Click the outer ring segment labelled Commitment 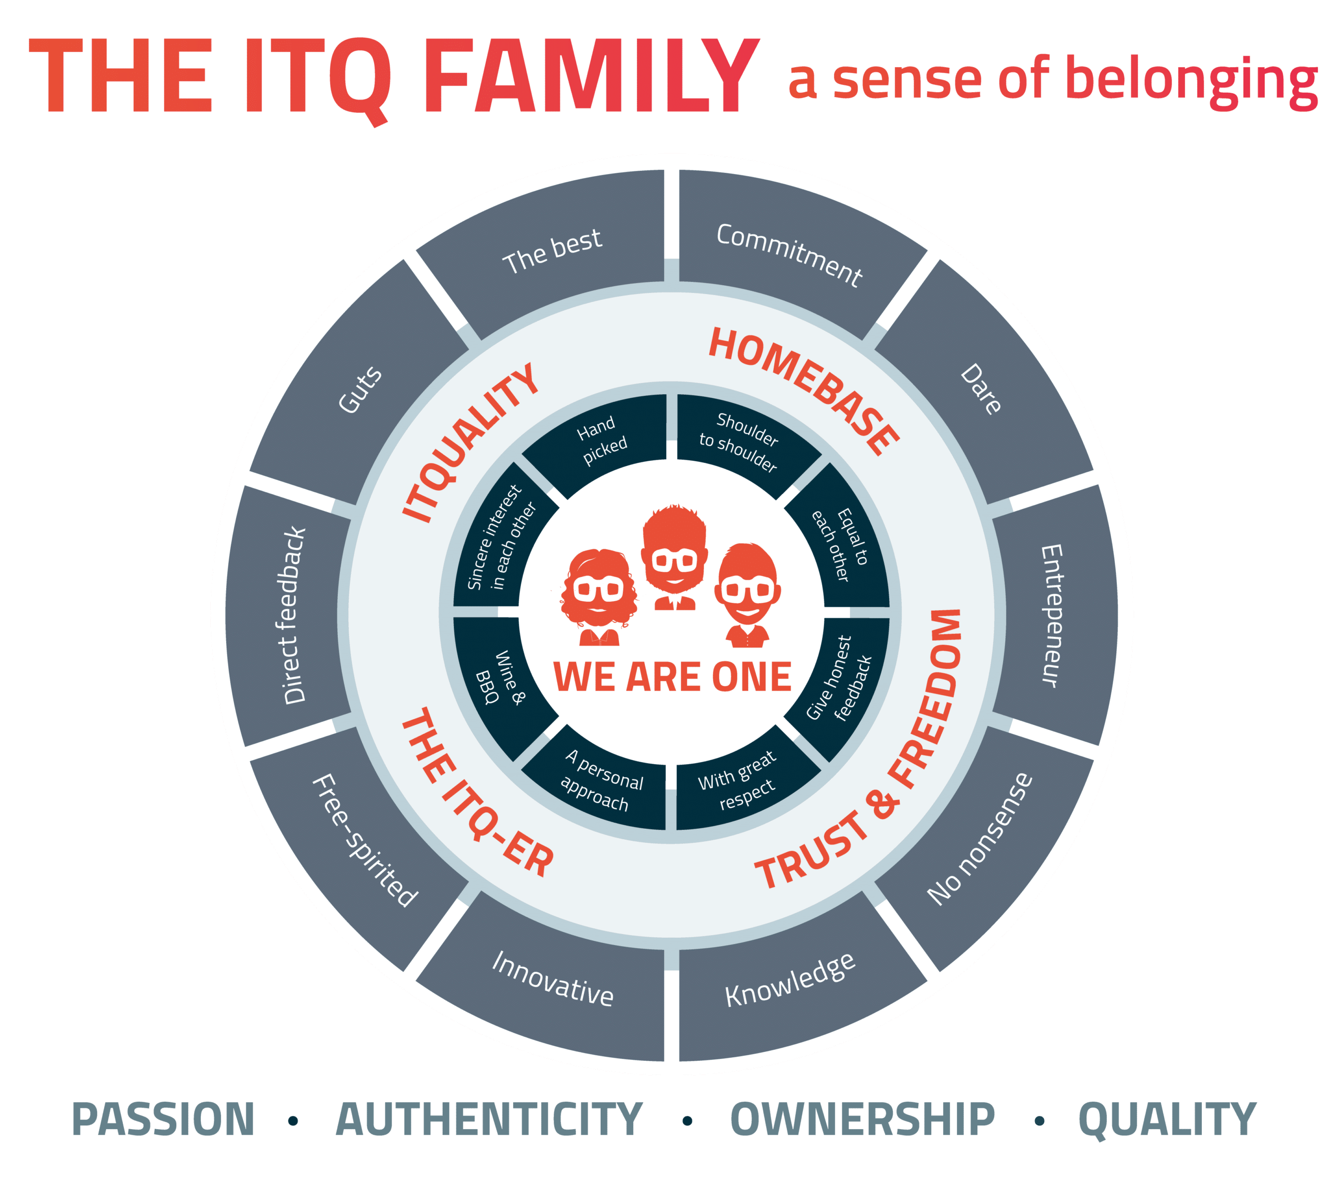(788, 256)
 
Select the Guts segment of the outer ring (360, 389)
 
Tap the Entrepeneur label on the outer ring (1051, 615)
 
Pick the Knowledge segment (790, 980)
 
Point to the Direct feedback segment (294, 615)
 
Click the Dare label (980, 389)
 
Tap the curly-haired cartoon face (598, 591)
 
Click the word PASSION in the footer (163, 1120)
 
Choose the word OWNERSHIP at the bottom (862, 1120)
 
